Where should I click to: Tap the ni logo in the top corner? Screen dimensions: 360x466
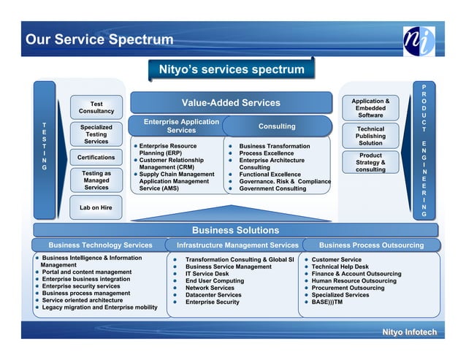click(420, 41)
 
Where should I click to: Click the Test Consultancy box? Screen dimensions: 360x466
click(96, 107)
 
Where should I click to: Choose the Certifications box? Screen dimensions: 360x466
click(96, 158)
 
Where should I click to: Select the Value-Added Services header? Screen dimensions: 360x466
click(231, 103)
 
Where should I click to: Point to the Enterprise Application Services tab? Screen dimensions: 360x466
click(181, 126)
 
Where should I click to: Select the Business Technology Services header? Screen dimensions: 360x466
click(100, 245)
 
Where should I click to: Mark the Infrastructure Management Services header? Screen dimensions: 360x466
click(232, 245)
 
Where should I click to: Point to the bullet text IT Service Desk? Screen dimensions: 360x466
click(207, 274)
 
